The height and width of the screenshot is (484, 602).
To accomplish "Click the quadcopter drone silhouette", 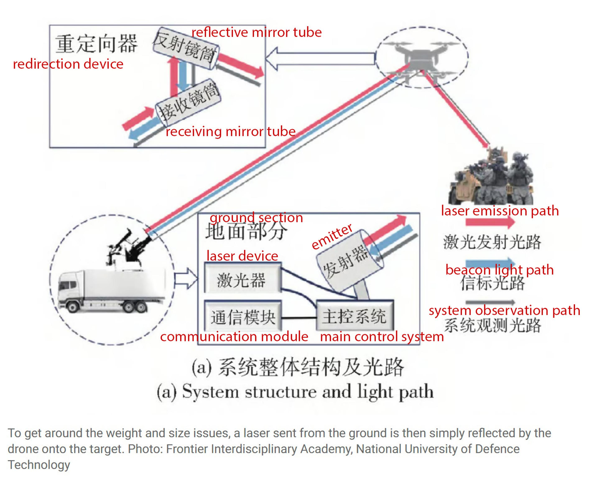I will [421, 59].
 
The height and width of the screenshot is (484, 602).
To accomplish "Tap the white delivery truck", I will [112, 290].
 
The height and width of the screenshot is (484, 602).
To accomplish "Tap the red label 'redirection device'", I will [68, 64].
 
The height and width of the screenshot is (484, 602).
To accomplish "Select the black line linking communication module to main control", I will [298, 318].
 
